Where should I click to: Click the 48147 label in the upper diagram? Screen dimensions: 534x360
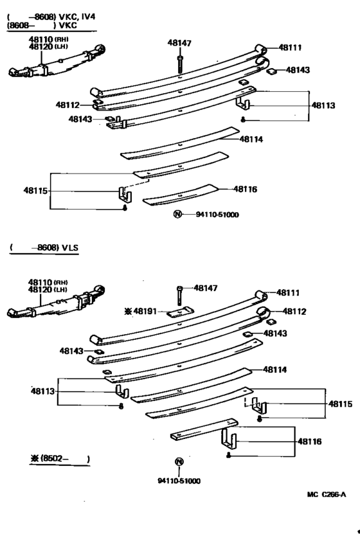coord(179,44)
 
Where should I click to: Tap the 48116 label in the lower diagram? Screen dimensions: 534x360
coord(310,441)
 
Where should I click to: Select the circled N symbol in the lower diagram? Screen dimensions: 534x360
coord(179,461)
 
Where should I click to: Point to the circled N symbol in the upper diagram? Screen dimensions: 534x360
coord(177,214)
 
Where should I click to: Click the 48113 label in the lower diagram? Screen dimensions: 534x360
coord(43,390)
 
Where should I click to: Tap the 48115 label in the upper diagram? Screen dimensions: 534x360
coord(35,190)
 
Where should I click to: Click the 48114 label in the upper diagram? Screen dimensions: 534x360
coord(252,138)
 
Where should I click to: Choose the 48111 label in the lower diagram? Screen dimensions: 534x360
coord(289,292)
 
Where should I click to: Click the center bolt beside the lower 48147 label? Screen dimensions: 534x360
coord(180,296)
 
